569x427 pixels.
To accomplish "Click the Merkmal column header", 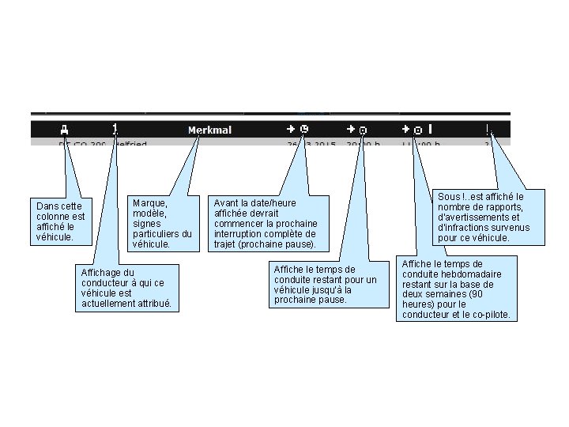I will (x=209, y=130).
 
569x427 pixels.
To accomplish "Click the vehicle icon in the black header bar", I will (x=64, y=129).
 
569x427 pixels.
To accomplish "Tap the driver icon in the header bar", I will (x=115, y=128).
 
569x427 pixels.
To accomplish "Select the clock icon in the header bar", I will (x=304, y=128).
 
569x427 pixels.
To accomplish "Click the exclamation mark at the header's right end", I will (x=487, y=128).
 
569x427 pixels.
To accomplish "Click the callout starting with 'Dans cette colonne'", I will (x=59, y=221).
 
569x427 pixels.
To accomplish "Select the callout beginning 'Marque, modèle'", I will (x=162, y=224).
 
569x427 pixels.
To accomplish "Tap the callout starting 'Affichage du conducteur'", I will (x=126, y=289).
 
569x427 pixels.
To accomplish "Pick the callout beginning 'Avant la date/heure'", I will (x=265, y=224).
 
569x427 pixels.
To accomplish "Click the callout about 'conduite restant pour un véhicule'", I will (x=324, y=285).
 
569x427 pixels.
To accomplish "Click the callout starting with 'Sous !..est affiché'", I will (x=481, y=217).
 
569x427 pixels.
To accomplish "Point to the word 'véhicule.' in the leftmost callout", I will (x=54, y=236).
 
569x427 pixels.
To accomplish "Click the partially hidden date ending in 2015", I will (x=312, y=145).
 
